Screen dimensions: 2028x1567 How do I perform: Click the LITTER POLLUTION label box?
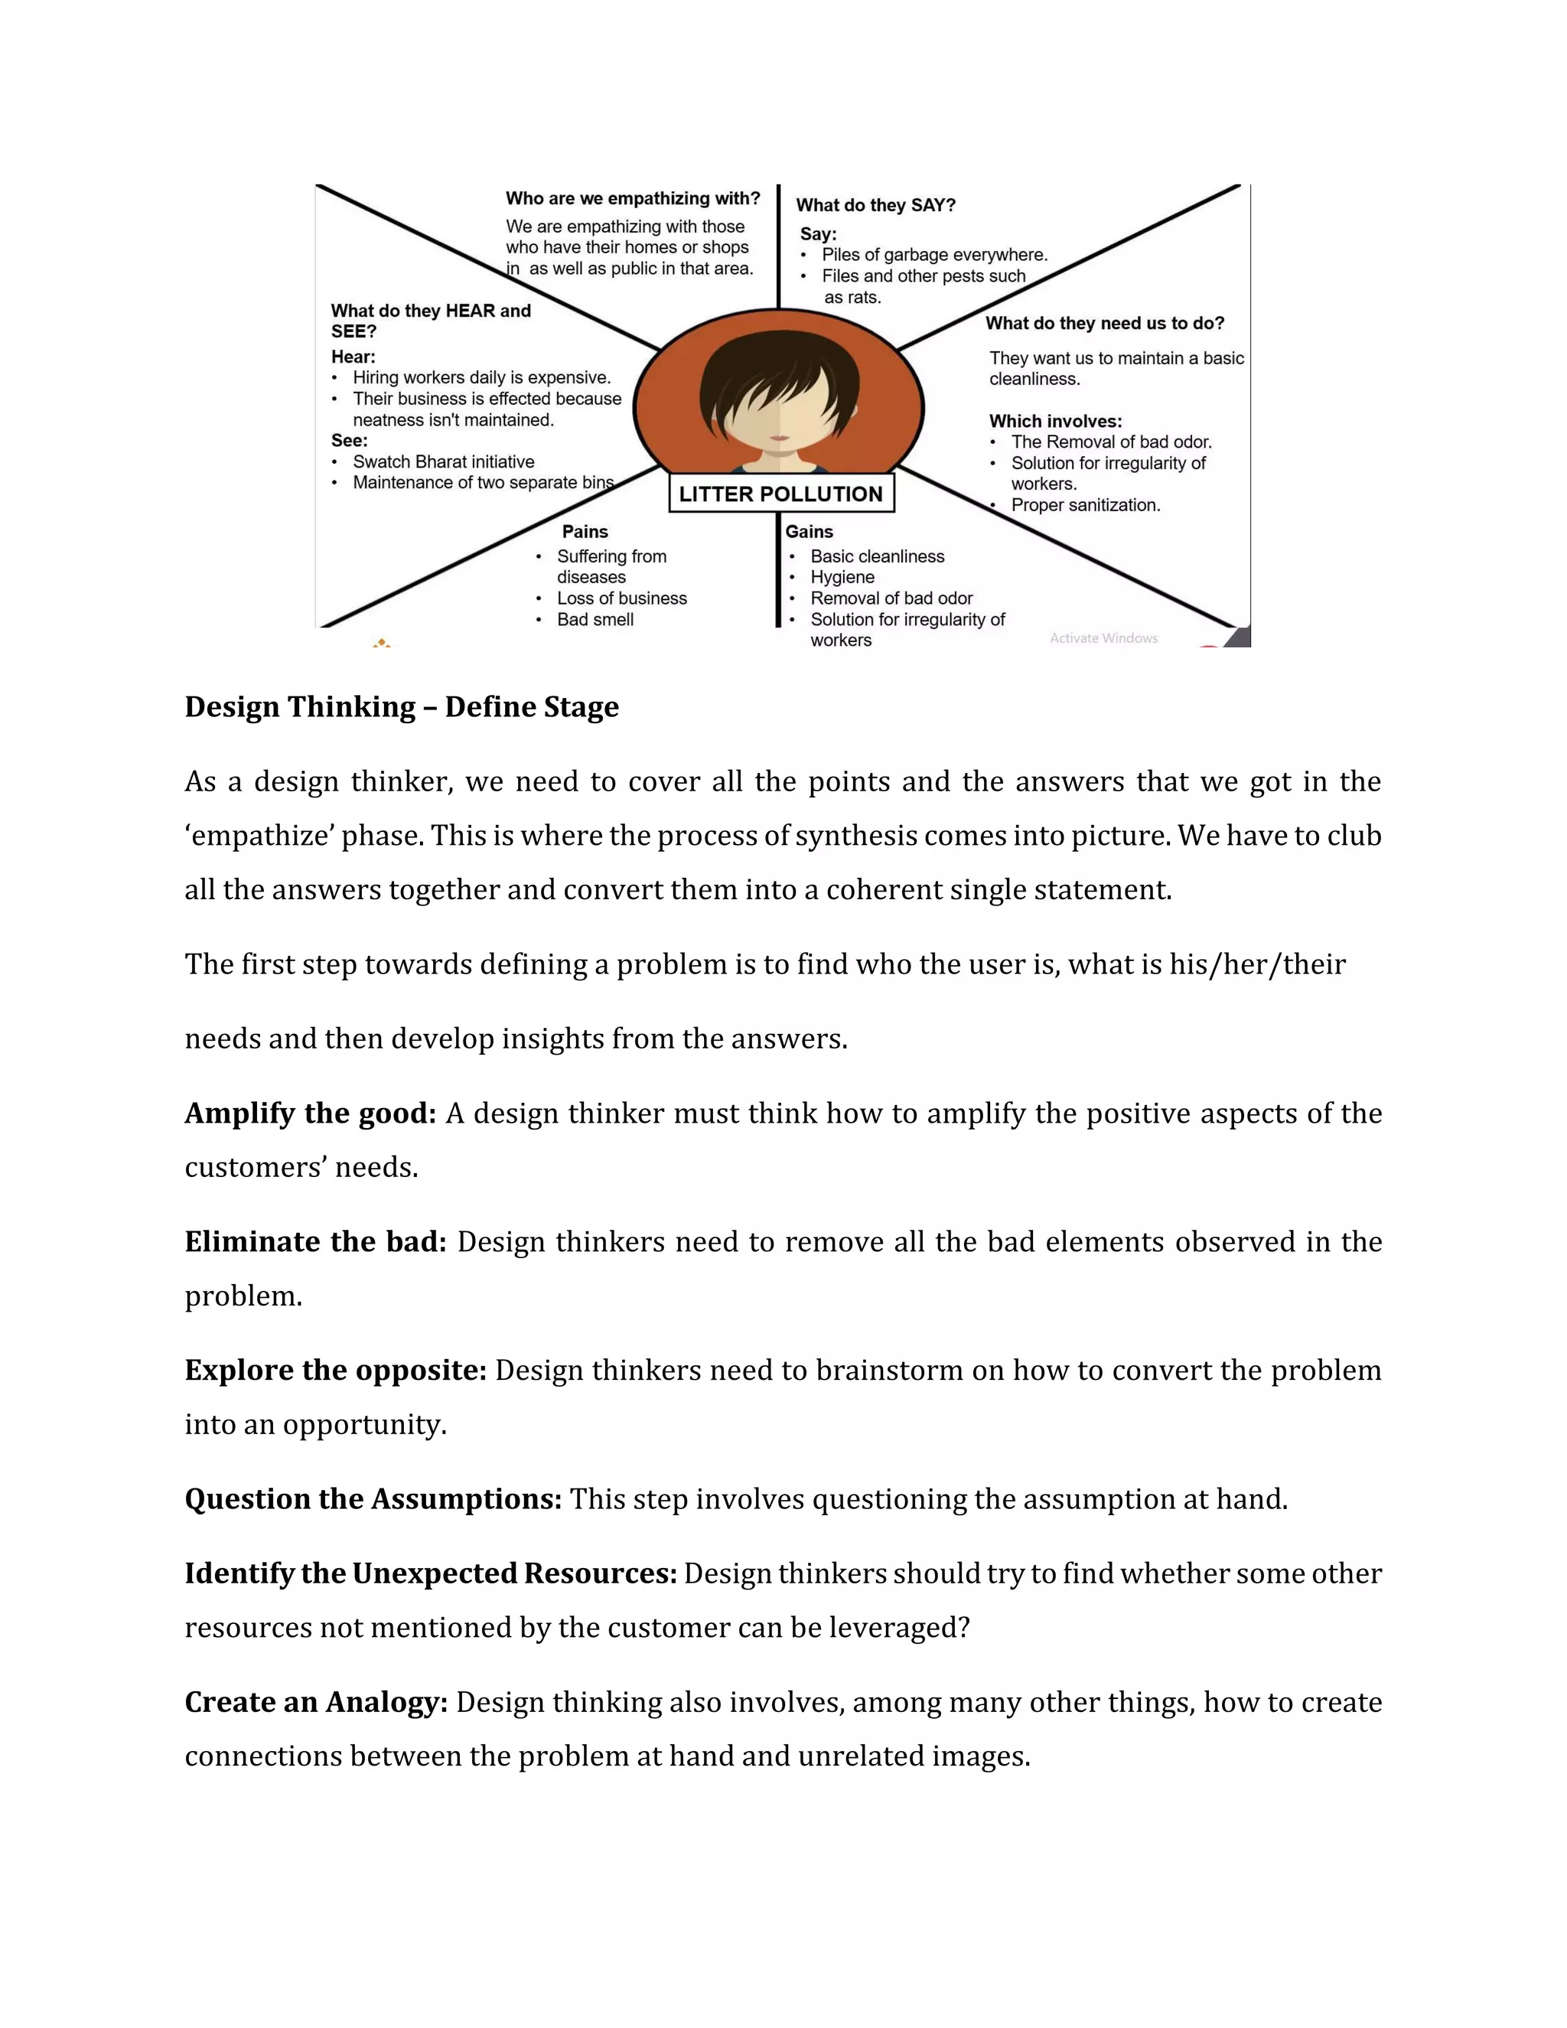point(780,494)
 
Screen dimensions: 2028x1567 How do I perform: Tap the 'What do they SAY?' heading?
point(875,205)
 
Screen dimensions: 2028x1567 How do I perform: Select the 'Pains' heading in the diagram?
point(585,531)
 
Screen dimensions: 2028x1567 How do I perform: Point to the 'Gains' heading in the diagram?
point(809,531)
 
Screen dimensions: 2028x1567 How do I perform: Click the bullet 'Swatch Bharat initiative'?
point(443,461)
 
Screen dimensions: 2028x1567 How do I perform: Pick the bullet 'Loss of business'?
point(621,598)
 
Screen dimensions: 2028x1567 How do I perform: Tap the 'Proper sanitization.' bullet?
point(1085,505)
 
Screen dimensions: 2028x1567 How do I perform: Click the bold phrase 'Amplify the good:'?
point(310,1113)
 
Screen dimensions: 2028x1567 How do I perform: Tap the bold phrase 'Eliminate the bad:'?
point(316,1241)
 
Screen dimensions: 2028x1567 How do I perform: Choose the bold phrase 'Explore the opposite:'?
point(335,1370)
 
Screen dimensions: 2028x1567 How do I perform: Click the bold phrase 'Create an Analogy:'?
point(316,1702)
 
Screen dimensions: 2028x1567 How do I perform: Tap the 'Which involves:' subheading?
point(1054,421)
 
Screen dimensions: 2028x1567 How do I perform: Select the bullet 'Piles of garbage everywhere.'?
point(934,254)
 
